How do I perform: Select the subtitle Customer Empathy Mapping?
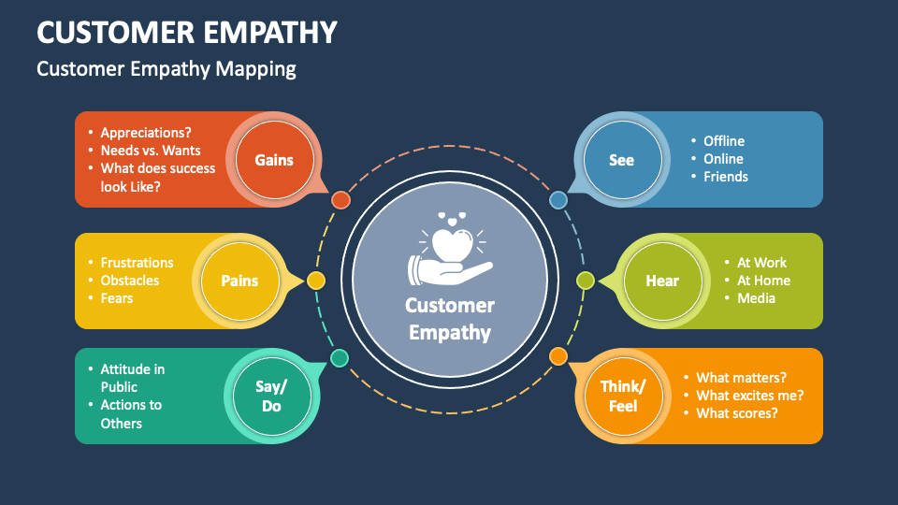click(167, 69)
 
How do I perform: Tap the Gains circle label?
click(274, 160)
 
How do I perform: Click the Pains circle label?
click(239, 281)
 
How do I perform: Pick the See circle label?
click(621, 160)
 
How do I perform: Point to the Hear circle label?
click(661, 281)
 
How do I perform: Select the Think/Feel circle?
click(623, 396)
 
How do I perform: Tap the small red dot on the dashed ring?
click(340, 199)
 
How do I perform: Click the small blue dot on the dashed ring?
click(558, 199)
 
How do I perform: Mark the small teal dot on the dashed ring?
click(340, 358)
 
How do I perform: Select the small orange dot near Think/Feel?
click(558, 356)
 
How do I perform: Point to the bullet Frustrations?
click(137, 263)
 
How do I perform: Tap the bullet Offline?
click(724, 141)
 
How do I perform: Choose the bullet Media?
click(756, 298)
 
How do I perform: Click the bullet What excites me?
click(749, 396)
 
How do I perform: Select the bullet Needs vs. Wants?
click(151, 151)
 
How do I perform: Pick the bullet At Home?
click(763, 281)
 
